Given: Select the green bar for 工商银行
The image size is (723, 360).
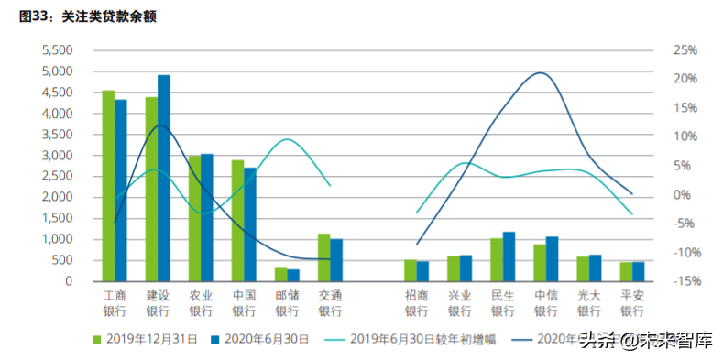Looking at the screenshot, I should (108, 186).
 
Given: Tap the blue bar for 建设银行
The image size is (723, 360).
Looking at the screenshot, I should (164, 179).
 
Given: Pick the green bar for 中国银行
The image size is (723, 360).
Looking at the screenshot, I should (237, 221).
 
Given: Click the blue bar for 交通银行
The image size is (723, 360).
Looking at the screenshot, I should (336, 260).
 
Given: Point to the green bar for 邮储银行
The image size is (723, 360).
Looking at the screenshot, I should (280, 274).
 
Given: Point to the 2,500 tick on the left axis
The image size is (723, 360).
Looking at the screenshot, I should (57, 176).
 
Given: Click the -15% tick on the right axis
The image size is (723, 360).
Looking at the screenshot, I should (683, 281).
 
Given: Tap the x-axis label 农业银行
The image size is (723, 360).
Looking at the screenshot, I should (201, 303).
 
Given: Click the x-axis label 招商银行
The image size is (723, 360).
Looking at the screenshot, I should (416, 303).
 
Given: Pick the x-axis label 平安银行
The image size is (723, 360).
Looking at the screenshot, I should (632, 303).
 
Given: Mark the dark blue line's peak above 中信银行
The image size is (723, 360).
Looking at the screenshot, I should (542, 73).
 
